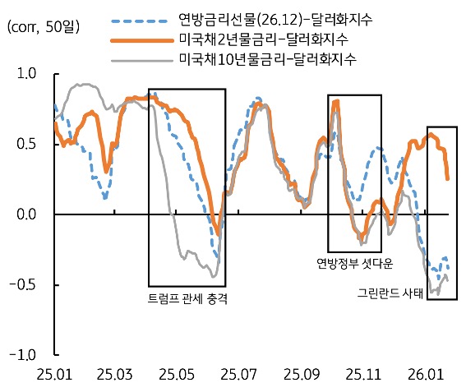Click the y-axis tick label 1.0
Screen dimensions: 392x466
coord(27,74)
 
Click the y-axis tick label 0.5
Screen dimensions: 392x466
coord(27,144)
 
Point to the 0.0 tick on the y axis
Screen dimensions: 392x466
coord(27,214)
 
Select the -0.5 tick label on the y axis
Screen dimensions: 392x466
coord(25,285)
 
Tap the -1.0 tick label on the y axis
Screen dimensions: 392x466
coord(25,355)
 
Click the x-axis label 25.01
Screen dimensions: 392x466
coord(55,375)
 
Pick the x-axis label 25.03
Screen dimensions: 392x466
coord(116,375)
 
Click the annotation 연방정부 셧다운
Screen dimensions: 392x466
coord(355,264)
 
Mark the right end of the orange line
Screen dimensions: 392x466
coord(448,178)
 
